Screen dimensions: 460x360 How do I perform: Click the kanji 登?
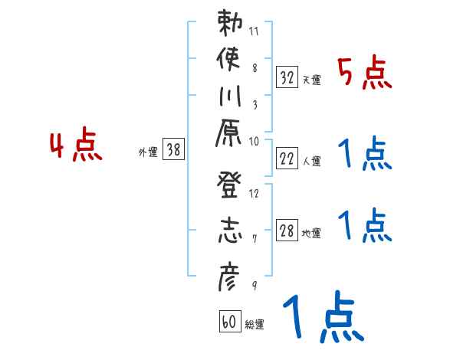coord(228,192)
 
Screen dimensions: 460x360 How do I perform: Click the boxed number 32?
coord(287,77)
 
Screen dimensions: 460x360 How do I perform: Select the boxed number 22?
coord(287,159)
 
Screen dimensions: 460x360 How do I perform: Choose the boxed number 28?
coord(287,231)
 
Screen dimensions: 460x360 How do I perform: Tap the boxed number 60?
coord(229,322)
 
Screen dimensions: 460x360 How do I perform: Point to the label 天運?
coord(311,80)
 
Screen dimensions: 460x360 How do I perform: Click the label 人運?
coord(311,162)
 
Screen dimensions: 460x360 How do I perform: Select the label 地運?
coord(311,234)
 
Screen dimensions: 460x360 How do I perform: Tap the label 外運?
coord(148,152)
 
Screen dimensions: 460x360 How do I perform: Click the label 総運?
coord(255,325)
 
